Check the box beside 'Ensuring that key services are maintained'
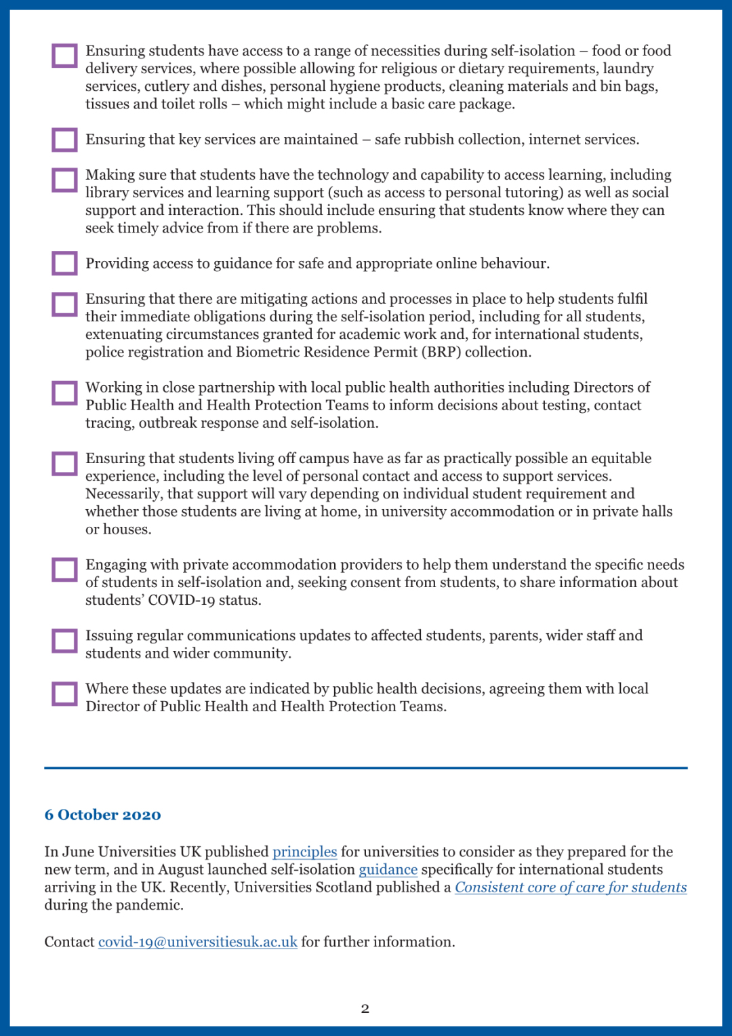[x=64, y=140]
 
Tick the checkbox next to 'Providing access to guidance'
[x=64, y=263]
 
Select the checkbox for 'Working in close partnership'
[x=64, y=393]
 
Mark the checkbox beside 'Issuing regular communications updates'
[x=64, y=641]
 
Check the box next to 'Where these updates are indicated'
[x=64, y=694]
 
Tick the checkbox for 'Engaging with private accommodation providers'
[x=64, y=570]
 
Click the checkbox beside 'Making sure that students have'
[x=64, y=180]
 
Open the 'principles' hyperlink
[x=304, y=852]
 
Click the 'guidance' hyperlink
[x=388, y=869]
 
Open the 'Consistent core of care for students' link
[x=571, y=887]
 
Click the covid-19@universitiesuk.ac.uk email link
[x=197, y=942]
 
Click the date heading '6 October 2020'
[x=102, y=814]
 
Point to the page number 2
[x=365, y=1009]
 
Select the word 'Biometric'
[x=270, y=352]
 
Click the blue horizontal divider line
[x=366, y=768]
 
